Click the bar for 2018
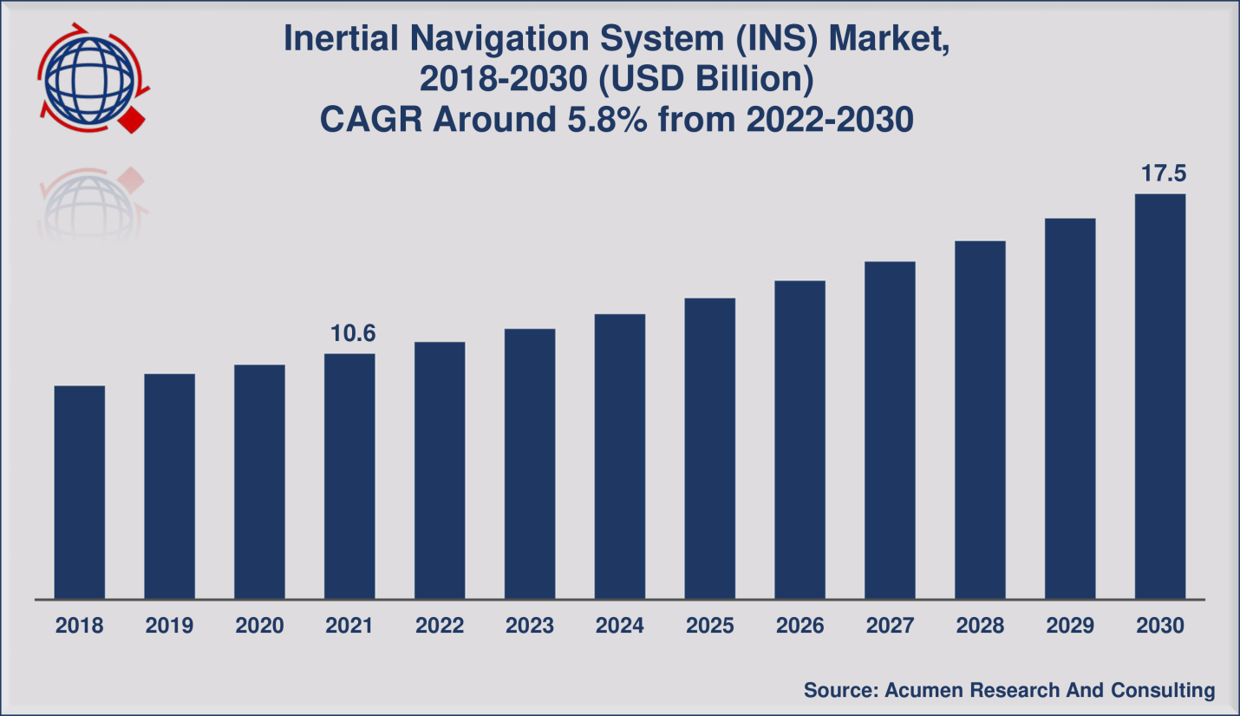click(80, 492)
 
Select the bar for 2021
click(349, 476)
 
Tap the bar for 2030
click(1160, 396)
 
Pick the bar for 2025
click(710, 448)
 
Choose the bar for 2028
click(980, 419)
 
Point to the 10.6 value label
click(352, 333)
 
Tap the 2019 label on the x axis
click(169, 626)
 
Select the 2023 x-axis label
click(530, 626)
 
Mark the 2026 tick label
click(799, 626)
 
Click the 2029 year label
click(1070, 626)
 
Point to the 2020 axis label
click(259, 626)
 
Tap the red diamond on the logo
click(132, 120)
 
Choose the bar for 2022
click(440, 470)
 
